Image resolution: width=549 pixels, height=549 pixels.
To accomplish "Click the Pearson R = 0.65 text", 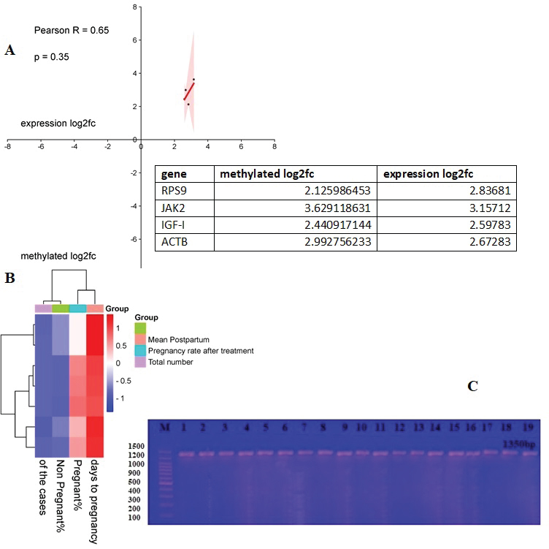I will click(x=72, y=30).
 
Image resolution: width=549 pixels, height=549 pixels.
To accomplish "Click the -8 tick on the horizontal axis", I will click(x=8, y=146).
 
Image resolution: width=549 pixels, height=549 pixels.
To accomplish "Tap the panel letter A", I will click(x=10, y=50).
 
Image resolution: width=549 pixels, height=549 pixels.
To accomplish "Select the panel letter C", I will click(x=472, y=386).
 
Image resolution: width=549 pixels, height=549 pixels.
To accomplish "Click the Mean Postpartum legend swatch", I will click(x=142, y=339).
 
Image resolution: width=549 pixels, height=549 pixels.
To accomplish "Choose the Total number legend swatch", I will click(x=142, y=361).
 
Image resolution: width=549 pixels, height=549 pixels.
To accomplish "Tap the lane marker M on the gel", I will click(x=164, y=427).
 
